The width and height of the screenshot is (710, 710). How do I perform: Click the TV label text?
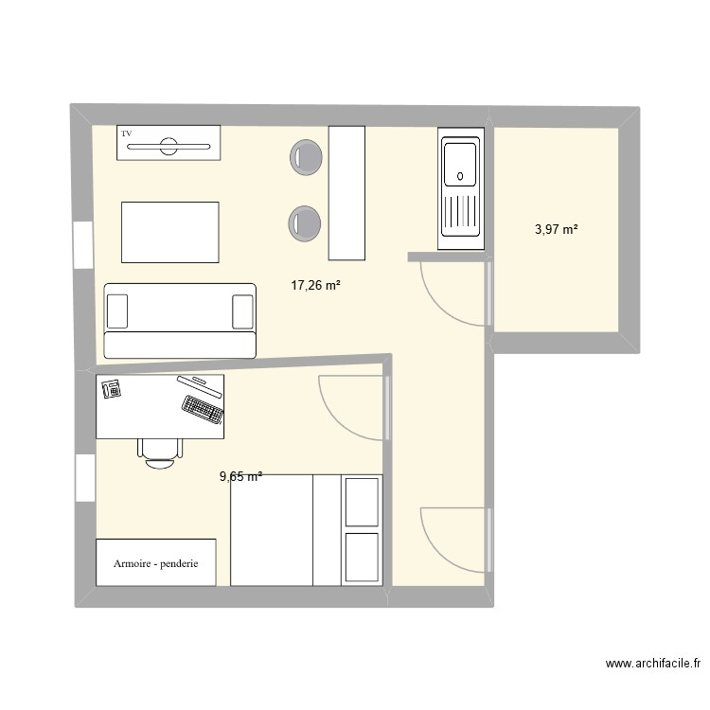[126, 133]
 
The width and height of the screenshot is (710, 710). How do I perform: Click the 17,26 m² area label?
[315, 283]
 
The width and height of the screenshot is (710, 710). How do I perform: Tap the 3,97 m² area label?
[556, 228]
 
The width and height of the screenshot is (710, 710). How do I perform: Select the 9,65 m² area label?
[240, 477]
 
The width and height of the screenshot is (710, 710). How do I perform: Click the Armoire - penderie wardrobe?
[156, 563]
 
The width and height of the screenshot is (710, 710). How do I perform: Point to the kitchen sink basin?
[460, 163]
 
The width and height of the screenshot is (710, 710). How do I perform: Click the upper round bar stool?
[306, 157]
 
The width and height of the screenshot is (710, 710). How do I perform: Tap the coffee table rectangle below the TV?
[169, 231]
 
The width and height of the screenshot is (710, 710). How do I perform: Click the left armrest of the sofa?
[117, 311]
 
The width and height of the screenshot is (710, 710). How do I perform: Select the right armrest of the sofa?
[242, 311]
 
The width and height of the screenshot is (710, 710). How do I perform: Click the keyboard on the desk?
[203, 408]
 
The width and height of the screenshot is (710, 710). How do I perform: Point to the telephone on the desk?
[111, 387]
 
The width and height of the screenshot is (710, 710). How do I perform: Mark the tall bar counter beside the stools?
[346, 191]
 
